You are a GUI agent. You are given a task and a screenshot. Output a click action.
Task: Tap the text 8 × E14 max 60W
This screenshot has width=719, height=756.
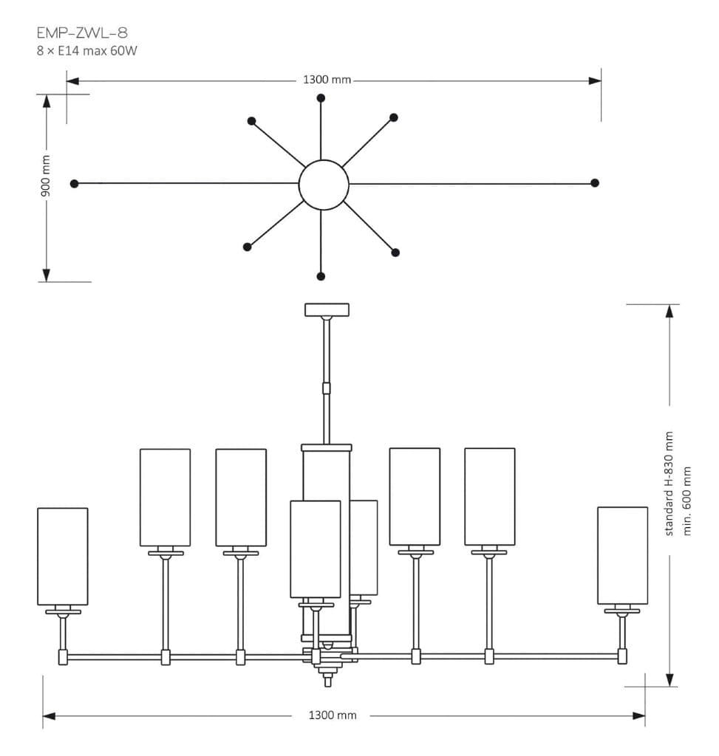[x=87, y=51]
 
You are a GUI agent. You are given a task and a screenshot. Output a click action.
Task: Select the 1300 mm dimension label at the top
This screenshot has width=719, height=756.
[x=327, y=80]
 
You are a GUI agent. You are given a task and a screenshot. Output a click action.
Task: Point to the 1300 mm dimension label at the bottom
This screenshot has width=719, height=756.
[x=332, y=715]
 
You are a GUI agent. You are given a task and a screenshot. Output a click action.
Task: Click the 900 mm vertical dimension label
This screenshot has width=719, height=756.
[x=46, y=176]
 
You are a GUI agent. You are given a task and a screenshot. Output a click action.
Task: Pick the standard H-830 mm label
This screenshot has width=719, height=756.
[x=669, y=484]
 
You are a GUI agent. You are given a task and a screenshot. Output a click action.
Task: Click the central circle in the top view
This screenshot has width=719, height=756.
[x=324, y=185]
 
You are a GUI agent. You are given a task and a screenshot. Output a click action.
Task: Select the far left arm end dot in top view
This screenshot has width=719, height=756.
[x=74, y=183]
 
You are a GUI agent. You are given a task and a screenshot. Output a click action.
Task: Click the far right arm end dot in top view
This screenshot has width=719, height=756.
[x=595, y=183]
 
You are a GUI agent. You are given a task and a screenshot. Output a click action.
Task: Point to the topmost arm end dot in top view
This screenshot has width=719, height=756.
[x=321, y=98]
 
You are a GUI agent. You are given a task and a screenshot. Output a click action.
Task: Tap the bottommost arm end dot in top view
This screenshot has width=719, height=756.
[x=321, y=276]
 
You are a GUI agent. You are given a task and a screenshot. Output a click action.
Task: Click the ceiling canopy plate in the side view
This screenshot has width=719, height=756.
[x=327, y=309]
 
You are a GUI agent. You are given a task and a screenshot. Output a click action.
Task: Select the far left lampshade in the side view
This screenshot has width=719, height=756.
[x=63, y=556]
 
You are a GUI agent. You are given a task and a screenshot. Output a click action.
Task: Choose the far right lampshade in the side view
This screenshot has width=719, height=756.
[x=622, y=555]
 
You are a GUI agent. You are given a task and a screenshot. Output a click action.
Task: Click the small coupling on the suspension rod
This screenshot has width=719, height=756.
[x=327, y=388]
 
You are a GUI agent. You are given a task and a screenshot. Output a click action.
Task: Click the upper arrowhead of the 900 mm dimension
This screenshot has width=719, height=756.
[x=47, y=101]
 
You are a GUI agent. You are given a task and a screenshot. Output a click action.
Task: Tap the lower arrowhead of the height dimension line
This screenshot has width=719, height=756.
[x=669, y=679]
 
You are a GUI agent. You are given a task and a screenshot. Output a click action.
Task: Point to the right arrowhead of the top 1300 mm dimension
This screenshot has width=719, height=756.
[x=594, y=80]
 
